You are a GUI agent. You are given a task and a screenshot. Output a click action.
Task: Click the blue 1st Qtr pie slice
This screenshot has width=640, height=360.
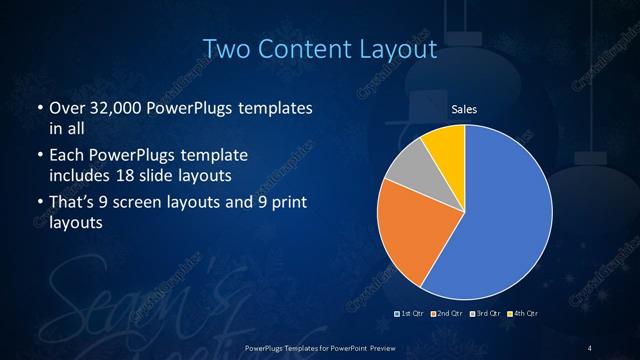pos(500,220)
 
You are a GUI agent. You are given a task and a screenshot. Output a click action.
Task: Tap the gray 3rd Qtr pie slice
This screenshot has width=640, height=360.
pos(405,170)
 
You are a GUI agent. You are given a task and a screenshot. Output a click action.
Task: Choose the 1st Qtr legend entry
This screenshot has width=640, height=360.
pos(410,314)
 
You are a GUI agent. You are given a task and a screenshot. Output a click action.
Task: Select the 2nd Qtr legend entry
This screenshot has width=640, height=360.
pos(446,314)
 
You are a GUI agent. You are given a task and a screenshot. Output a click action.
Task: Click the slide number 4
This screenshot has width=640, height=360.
pos(590,347)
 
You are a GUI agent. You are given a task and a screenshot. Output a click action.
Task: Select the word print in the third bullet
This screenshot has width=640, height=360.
pos(283,205)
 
